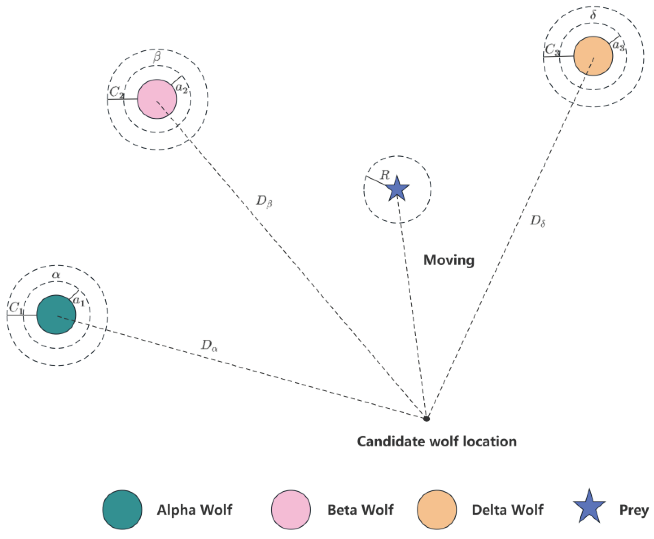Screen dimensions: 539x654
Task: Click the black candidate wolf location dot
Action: point(426,419)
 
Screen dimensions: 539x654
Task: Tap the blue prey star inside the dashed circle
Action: point(398,189)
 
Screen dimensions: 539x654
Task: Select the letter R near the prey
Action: point(385,175)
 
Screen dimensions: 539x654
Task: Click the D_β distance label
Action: point(264,202)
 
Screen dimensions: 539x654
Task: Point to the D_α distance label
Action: point(209,345)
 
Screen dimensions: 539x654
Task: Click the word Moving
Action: point(449,260)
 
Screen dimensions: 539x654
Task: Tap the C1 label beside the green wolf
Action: point(16,308)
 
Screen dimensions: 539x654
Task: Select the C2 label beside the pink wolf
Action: point(116,92)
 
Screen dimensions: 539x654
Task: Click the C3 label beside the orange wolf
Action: point(552,49)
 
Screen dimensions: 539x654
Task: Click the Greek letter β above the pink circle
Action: point(157,57)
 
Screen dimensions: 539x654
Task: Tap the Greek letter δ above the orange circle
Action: point(593,15)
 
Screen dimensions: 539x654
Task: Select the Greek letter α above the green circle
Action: point(56,275)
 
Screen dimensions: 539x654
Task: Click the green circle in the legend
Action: point(122,509)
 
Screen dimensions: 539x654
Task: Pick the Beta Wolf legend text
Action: point(360,510)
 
